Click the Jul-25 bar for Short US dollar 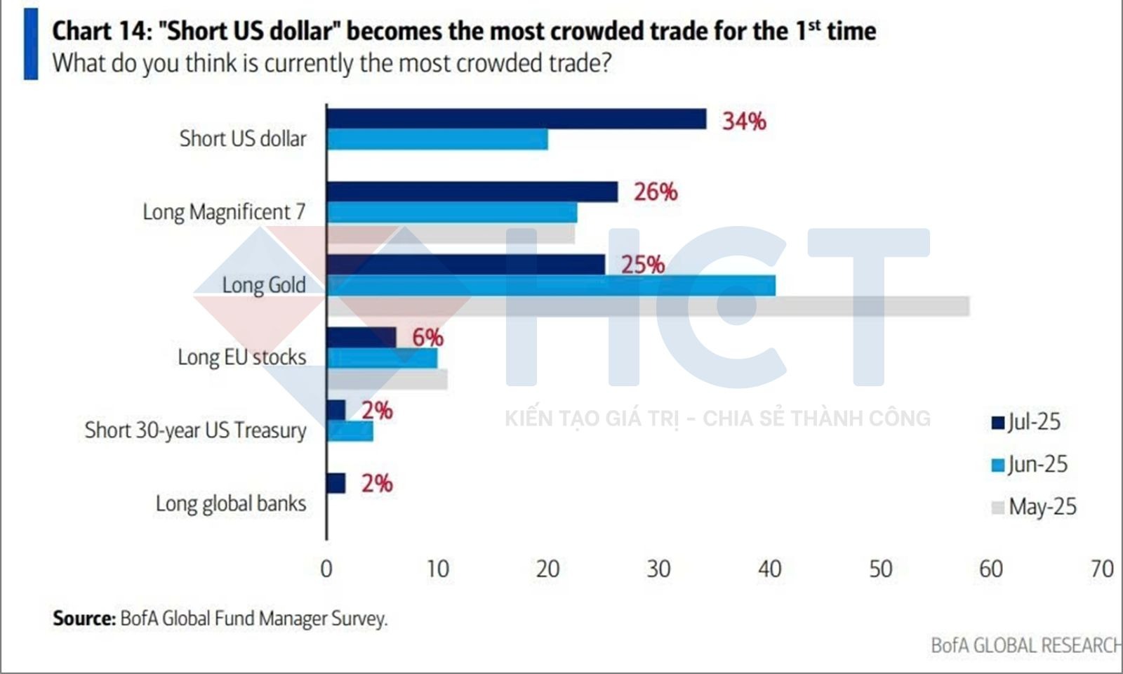click(x=516, y=119)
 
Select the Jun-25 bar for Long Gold click(x=551, y=286)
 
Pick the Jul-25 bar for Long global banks click(x=336, y=483)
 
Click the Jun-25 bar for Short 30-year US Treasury click(x=350, y=432)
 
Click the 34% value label click(x=744, y=121)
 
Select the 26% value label click(x=656, y=192)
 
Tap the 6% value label click(x=427, y=338)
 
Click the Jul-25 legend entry click(x=1026, y=422)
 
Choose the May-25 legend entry click(x=1033, y=507)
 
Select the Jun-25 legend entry click(x=1029, y=464)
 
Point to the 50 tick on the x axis click(x=880, y=569)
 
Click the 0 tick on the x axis click(x=326, y=569)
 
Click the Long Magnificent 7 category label click(x=224, y=212)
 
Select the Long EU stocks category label click(x=241, y=357)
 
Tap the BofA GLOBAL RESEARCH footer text click(x=1025, y=645)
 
